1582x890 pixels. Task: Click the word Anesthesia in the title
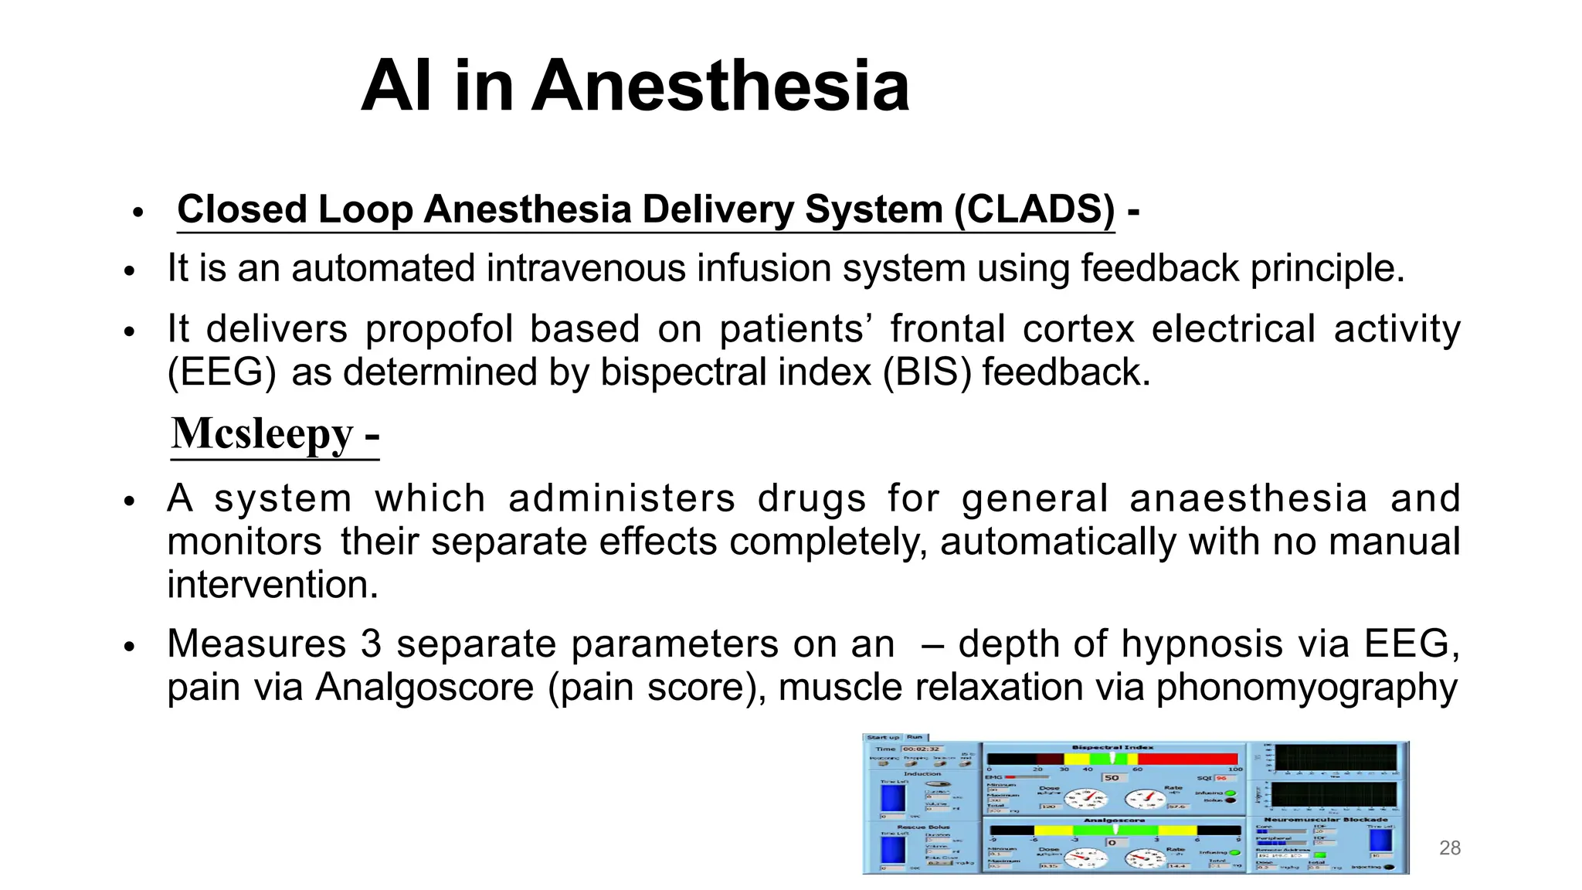[720, 87]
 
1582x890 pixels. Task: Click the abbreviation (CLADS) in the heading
[1034, 209]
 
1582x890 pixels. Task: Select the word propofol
[439, 329]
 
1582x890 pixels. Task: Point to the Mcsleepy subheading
[263, 433]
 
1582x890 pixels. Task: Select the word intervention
[273, 585]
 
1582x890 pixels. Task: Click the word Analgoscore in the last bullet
[424, 688]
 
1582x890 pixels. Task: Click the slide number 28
[1450, 848]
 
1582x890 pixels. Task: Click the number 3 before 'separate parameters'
[371, 644]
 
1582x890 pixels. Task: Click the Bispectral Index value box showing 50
[1112, 778]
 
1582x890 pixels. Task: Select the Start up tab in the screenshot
[882, 738]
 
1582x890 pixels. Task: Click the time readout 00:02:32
[921, 749]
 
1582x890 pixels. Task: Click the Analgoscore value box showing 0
[1112, 842]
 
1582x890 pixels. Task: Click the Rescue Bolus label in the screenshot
[923, 827]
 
